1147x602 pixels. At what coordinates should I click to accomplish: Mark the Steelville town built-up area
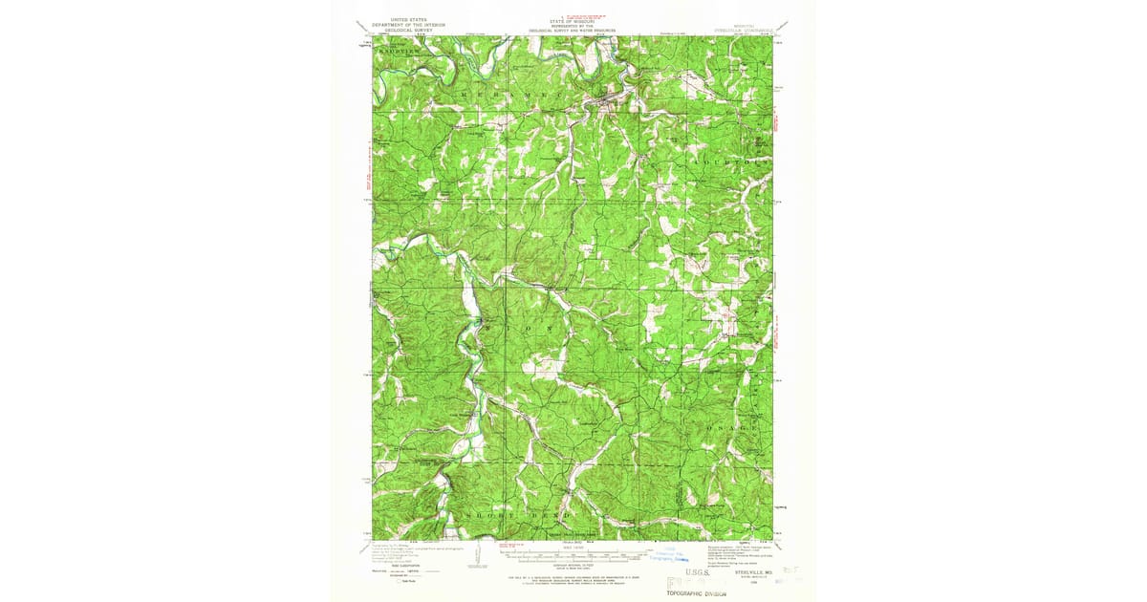coord(604,96)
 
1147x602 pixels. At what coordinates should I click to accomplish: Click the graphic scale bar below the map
coord(572,552)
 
